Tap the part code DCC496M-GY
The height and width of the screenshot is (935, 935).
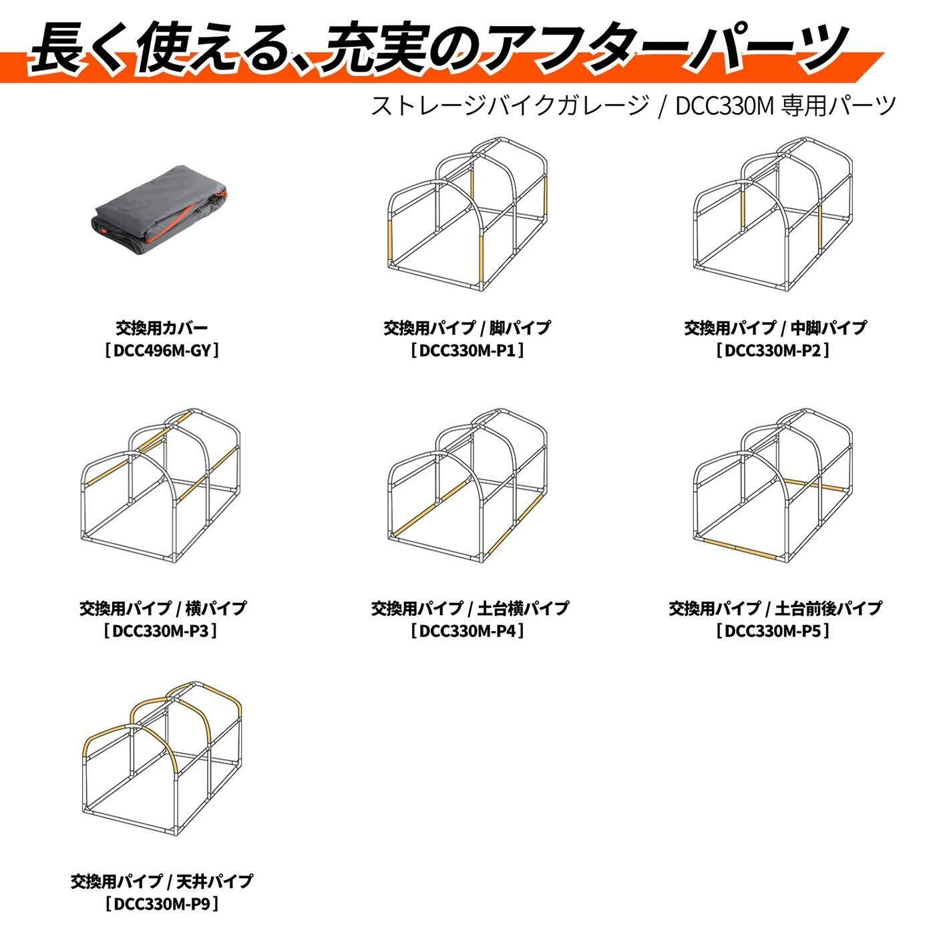point(162,350)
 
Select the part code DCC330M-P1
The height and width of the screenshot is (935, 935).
point(467,350)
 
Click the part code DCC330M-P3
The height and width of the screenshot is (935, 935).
point(162,630)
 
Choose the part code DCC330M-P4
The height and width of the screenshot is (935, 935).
point(467,630)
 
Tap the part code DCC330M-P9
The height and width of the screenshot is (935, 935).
point(162,904)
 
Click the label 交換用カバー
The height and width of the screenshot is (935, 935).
point(162,328)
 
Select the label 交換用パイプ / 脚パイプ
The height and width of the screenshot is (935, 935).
point(467,328)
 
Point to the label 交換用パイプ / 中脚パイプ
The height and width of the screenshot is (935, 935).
point(774,328)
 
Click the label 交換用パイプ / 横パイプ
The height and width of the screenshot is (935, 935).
point(162,608)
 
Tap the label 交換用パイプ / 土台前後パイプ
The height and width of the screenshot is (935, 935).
point(775,608)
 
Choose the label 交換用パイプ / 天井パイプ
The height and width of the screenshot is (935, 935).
point(162,882)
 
